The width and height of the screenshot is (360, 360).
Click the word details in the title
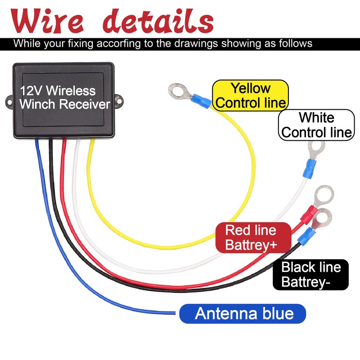(x=155, y=20)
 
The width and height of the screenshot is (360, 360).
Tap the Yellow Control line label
(x=250, y=95)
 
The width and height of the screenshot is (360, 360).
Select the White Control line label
(x=316, y=125)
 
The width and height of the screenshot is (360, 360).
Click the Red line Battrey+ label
(x=251, y=237)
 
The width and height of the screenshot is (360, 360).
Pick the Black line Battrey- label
(x=310, y=274)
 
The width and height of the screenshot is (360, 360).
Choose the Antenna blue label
(x=243, y=313)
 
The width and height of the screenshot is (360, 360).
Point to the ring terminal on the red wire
(x=324, y=195)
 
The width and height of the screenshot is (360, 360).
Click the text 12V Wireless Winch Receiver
(x=64, y=98)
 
